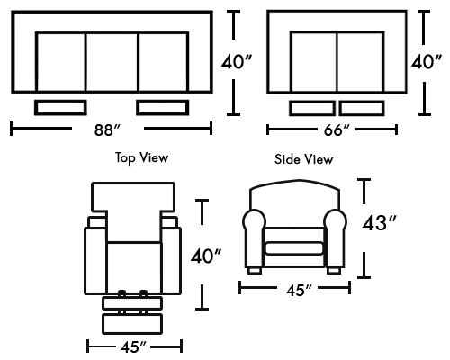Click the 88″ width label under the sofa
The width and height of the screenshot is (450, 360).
coord(107,130)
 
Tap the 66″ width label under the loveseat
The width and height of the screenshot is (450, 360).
coord(337,130)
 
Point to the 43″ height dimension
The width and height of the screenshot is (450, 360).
coord(380,223)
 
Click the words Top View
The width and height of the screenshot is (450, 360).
coord(141,157)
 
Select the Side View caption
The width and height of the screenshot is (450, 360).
coord(303,159)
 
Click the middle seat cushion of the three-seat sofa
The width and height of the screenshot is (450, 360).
coord(112,62)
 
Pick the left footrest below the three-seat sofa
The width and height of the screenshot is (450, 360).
coord(60,108)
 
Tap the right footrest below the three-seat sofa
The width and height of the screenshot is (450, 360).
coord(163,108)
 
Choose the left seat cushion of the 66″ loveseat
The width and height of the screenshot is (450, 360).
coord(313,62)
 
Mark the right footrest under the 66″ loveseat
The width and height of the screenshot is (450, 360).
coord(362,108)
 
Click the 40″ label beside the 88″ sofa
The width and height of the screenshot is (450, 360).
coord(237,62)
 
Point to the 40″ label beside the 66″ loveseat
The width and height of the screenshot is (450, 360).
coord(427,62)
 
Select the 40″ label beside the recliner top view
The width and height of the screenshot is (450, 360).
coord(206,256)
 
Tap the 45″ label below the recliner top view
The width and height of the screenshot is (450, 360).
coord(134,347)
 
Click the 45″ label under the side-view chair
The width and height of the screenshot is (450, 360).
coord(299,290)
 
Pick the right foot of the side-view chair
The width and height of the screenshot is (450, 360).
coord(334,271)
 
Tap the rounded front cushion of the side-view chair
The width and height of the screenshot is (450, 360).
coord(294,248)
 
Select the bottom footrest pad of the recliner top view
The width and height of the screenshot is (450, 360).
coord(132,324)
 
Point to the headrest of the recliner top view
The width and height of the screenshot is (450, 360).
coord(133,196)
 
